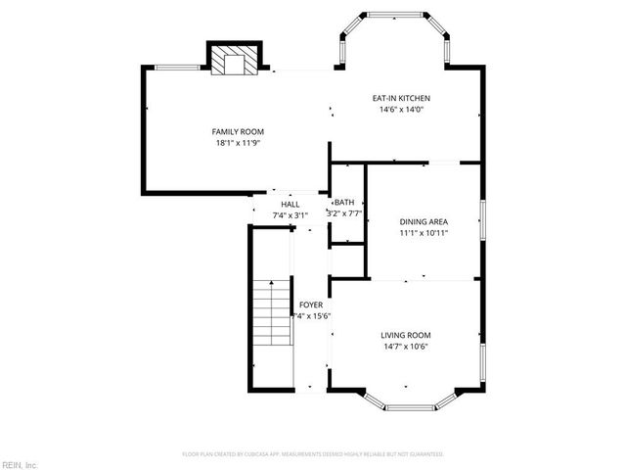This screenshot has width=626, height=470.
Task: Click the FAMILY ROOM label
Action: pyautogui.click(x=239, y=131)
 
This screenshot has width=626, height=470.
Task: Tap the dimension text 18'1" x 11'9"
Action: pyautogui.click(x=239, y=143)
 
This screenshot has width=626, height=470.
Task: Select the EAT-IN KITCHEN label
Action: pyautogui.click(x=401, y=98)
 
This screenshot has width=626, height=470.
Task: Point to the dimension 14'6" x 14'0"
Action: pyautogui.click(x=401, y=110)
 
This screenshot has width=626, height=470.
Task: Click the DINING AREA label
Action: pyautogui.click(x=424, y=221)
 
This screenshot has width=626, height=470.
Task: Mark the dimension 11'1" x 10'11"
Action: pyautogui.click(x=424, y=233)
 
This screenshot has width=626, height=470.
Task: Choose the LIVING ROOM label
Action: pyautogui.click(x=406, y=335)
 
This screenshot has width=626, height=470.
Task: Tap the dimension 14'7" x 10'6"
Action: pyautogui.click(x=406, y=346)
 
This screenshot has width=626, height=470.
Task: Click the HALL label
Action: pyautogui.click(x=291, y=204)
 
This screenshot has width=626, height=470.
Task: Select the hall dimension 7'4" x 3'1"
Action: pyautogui.click(x=291, y=214)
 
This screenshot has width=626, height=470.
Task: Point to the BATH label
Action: pyautogui.click(x=345, y=202)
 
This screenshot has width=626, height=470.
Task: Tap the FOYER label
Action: pyautogui.click(x=311, y=305)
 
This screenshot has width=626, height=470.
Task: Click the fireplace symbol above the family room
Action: pyautogui.click(x=235, y=61)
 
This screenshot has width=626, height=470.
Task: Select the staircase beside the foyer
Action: pyautogui.click(x=272, y=313)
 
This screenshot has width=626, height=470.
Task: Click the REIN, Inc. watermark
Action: pyautogui.click(x=20, y=464)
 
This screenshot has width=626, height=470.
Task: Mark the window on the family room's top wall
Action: pyautogui.click(x=178, y=68)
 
